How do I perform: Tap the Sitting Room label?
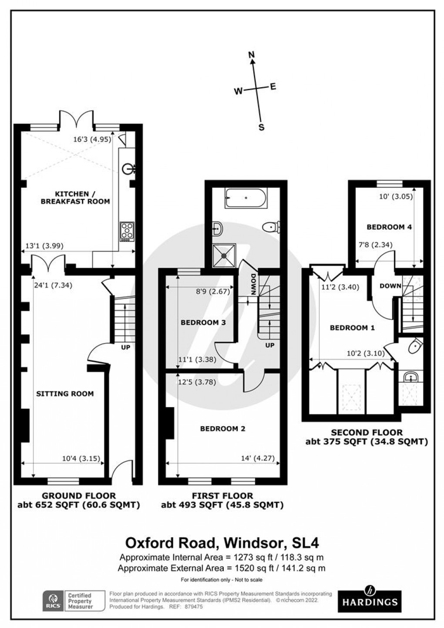[65, 394]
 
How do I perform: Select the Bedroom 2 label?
[222, 428]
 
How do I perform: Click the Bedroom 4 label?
[383, 227]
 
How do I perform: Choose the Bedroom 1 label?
[352, 328]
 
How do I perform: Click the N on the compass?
[251, 55]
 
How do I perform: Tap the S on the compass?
[262, 127]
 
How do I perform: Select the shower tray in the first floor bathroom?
[225, 254]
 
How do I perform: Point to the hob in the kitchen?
[127, 231]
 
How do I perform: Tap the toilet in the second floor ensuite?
[415, 346]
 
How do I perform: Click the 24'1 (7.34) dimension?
[53, 286]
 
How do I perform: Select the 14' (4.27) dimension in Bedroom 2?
[260, 458]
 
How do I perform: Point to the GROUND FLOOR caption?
[78, 496]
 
